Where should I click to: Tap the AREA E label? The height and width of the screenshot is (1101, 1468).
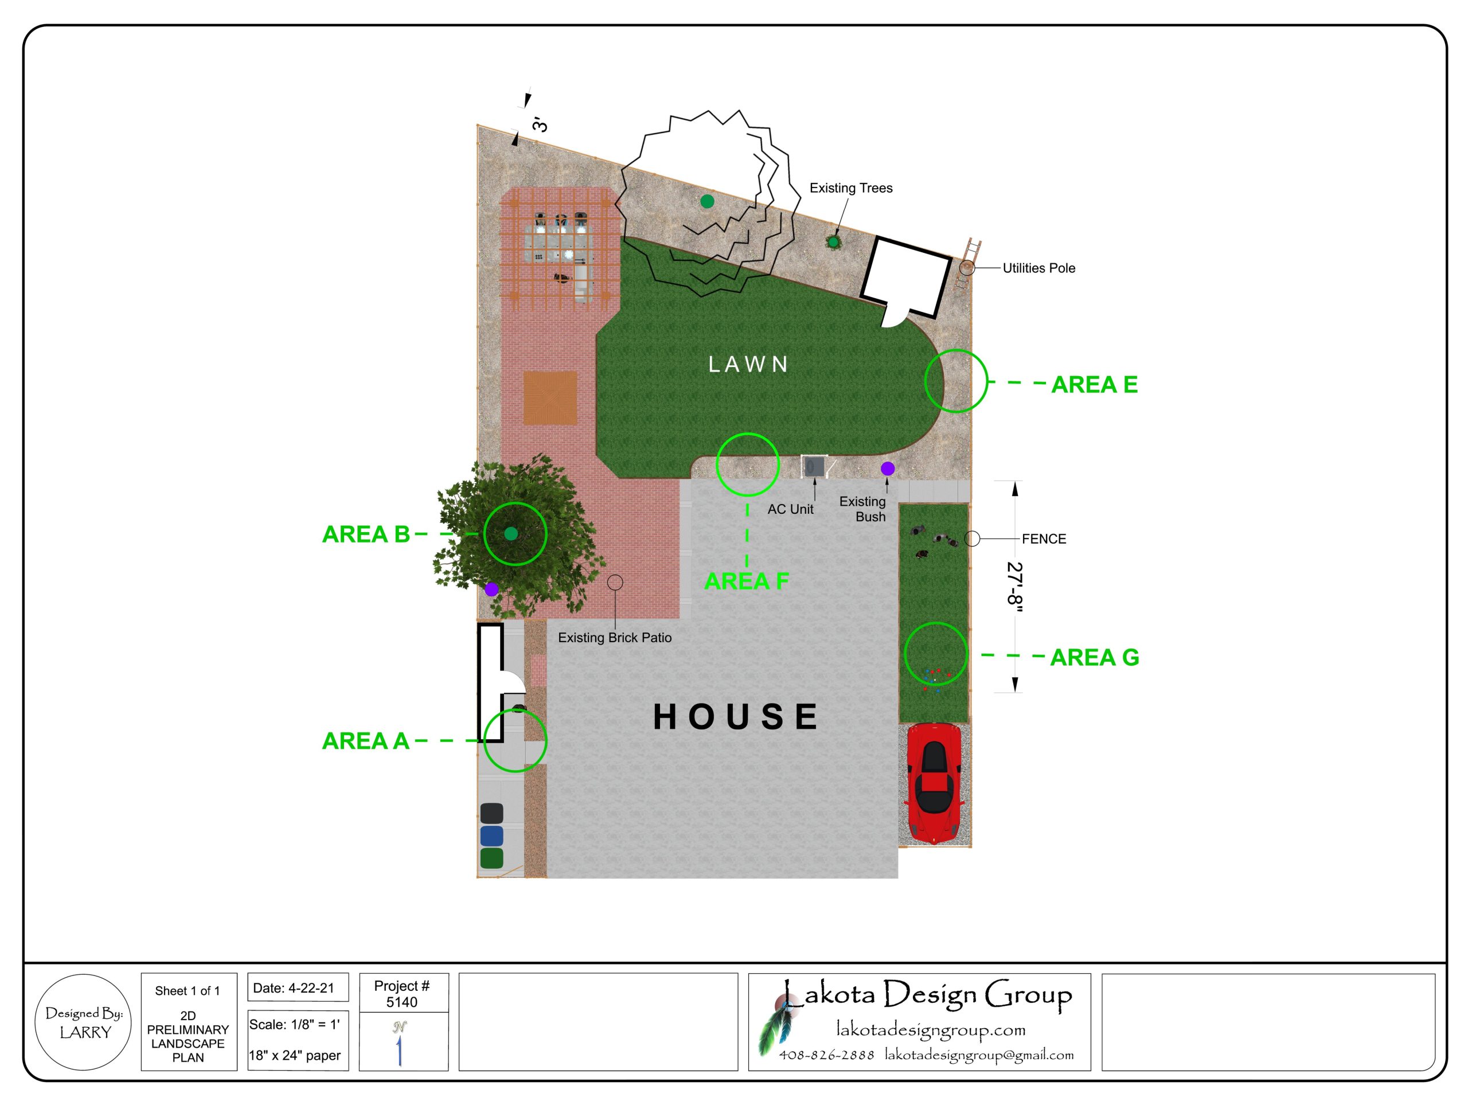[1094, 384]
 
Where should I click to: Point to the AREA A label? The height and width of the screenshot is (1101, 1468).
[366, 741]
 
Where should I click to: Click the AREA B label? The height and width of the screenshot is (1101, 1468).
[366, 534]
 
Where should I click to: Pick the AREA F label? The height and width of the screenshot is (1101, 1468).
[747, 581]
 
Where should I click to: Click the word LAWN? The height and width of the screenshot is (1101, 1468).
[748, 364]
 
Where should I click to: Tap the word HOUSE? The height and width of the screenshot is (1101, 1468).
[735, 717]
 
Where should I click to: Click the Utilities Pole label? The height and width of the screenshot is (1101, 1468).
[1038, 268]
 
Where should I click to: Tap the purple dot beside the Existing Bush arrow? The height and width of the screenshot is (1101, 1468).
[887, 468]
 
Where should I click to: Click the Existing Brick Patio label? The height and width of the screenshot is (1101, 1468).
[615, 638]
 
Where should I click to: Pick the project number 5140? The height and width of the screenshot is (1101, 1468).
[401, 1002]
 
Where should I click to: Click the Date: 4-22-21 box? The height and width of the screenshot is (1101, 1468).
[298, 988]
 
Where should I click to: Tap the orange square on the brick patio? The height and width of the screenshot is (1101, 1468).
[550, 398]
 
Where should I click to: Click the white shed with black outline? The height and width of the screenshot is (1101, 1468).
[906, 278]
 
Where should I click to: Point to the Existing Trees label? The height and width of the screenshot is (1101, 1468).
[851, 188]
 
